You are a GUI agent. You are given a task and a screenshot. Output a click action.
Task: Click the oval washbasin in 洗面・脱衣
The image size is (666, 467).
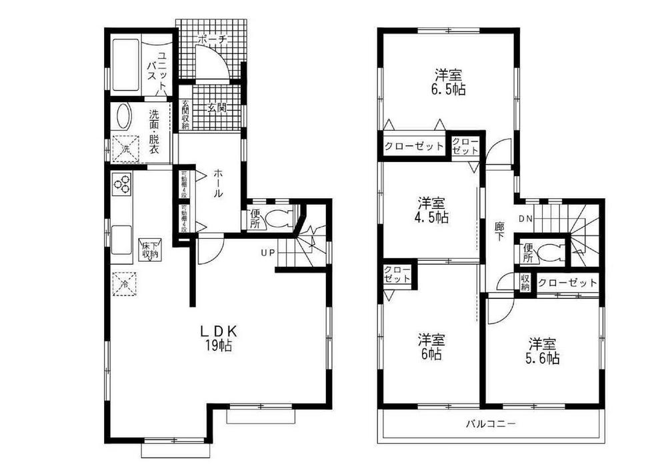(124, 117)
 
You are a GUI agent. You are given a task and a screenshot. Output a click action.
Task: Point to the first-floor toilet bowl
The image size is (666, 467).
(279, 218)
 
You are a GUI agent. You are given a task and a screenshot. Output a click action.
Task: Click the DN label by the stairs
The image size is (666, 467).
(525, 218)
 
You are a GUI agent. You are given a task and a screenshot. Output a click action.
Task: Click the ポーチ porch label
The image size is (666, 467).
(213, 40)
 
